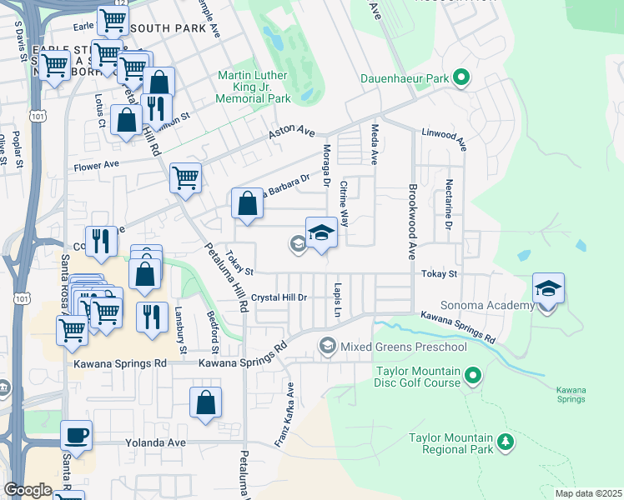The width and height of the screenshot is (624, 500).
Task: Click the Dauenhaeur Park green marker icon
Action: tap(461, 79)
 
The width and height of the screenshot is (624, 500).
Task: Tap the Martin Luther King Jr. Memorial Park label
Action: tap(254, 87)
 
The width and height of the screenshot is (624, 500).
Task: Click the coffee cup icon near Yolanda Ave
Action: tap(77, 435)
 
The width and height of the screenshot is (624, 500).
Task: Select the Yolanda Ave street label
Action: tap(155, 442)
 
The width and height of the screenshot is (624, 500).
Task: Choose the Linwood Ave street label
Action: tap(443, 135)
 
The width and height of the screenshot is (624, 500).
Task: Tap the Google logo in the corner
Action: tap(28, 490)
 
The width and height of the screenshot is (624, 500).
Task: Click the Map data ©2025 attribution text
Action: tap(588, 493)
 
